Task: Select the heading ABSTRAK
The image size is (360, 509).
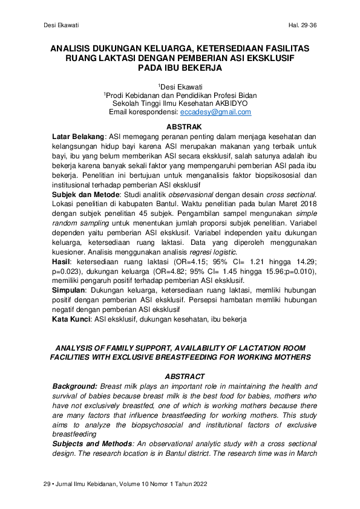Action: (183, 127)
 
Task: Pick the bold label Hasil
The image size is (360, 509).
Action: (61, 260)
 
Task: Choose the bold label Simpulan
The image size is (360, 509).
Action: (70, 290)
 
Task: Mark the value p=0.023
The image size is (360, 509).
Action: (68, 271)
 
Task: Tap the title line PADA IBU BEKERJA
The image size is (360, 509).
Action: (180, 68)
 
